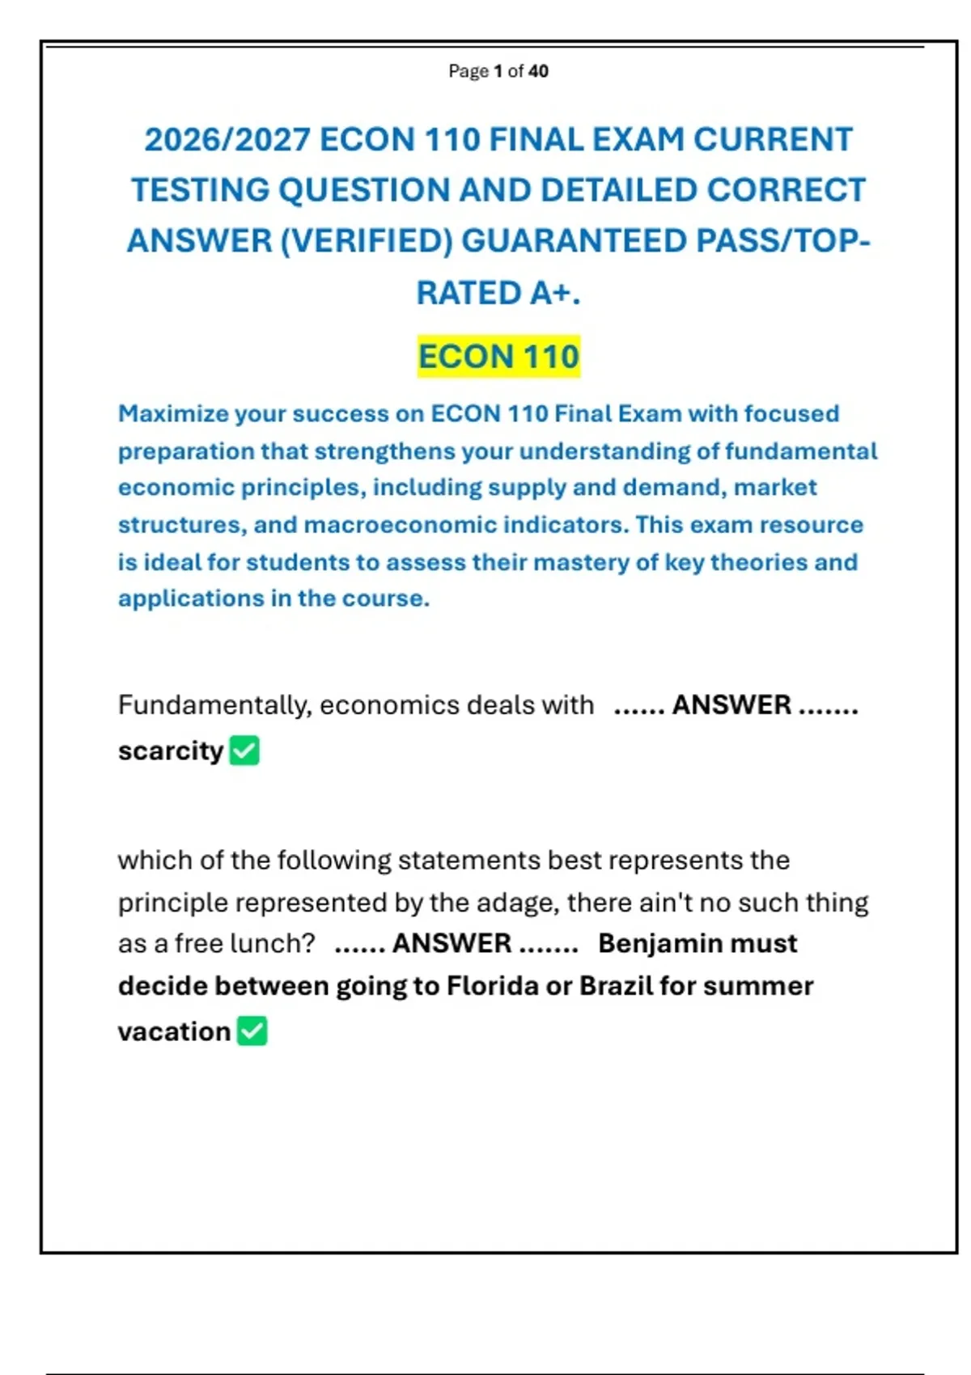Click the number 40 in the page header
click(538, 71)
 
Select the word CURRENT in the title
click(773, 140)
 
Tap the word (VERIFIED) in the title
click(366, 241)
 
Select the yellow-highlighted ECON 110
click(498, 357)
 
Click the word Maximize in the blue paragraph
click(173, 414)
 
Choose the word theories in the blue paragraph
click(758, 562)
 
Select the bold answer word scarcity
click(170, 751)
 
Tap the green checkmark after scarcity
click(244, 751)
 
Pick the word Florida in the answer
click(492, 987)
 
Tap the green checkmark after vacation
click(252, 1031)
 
